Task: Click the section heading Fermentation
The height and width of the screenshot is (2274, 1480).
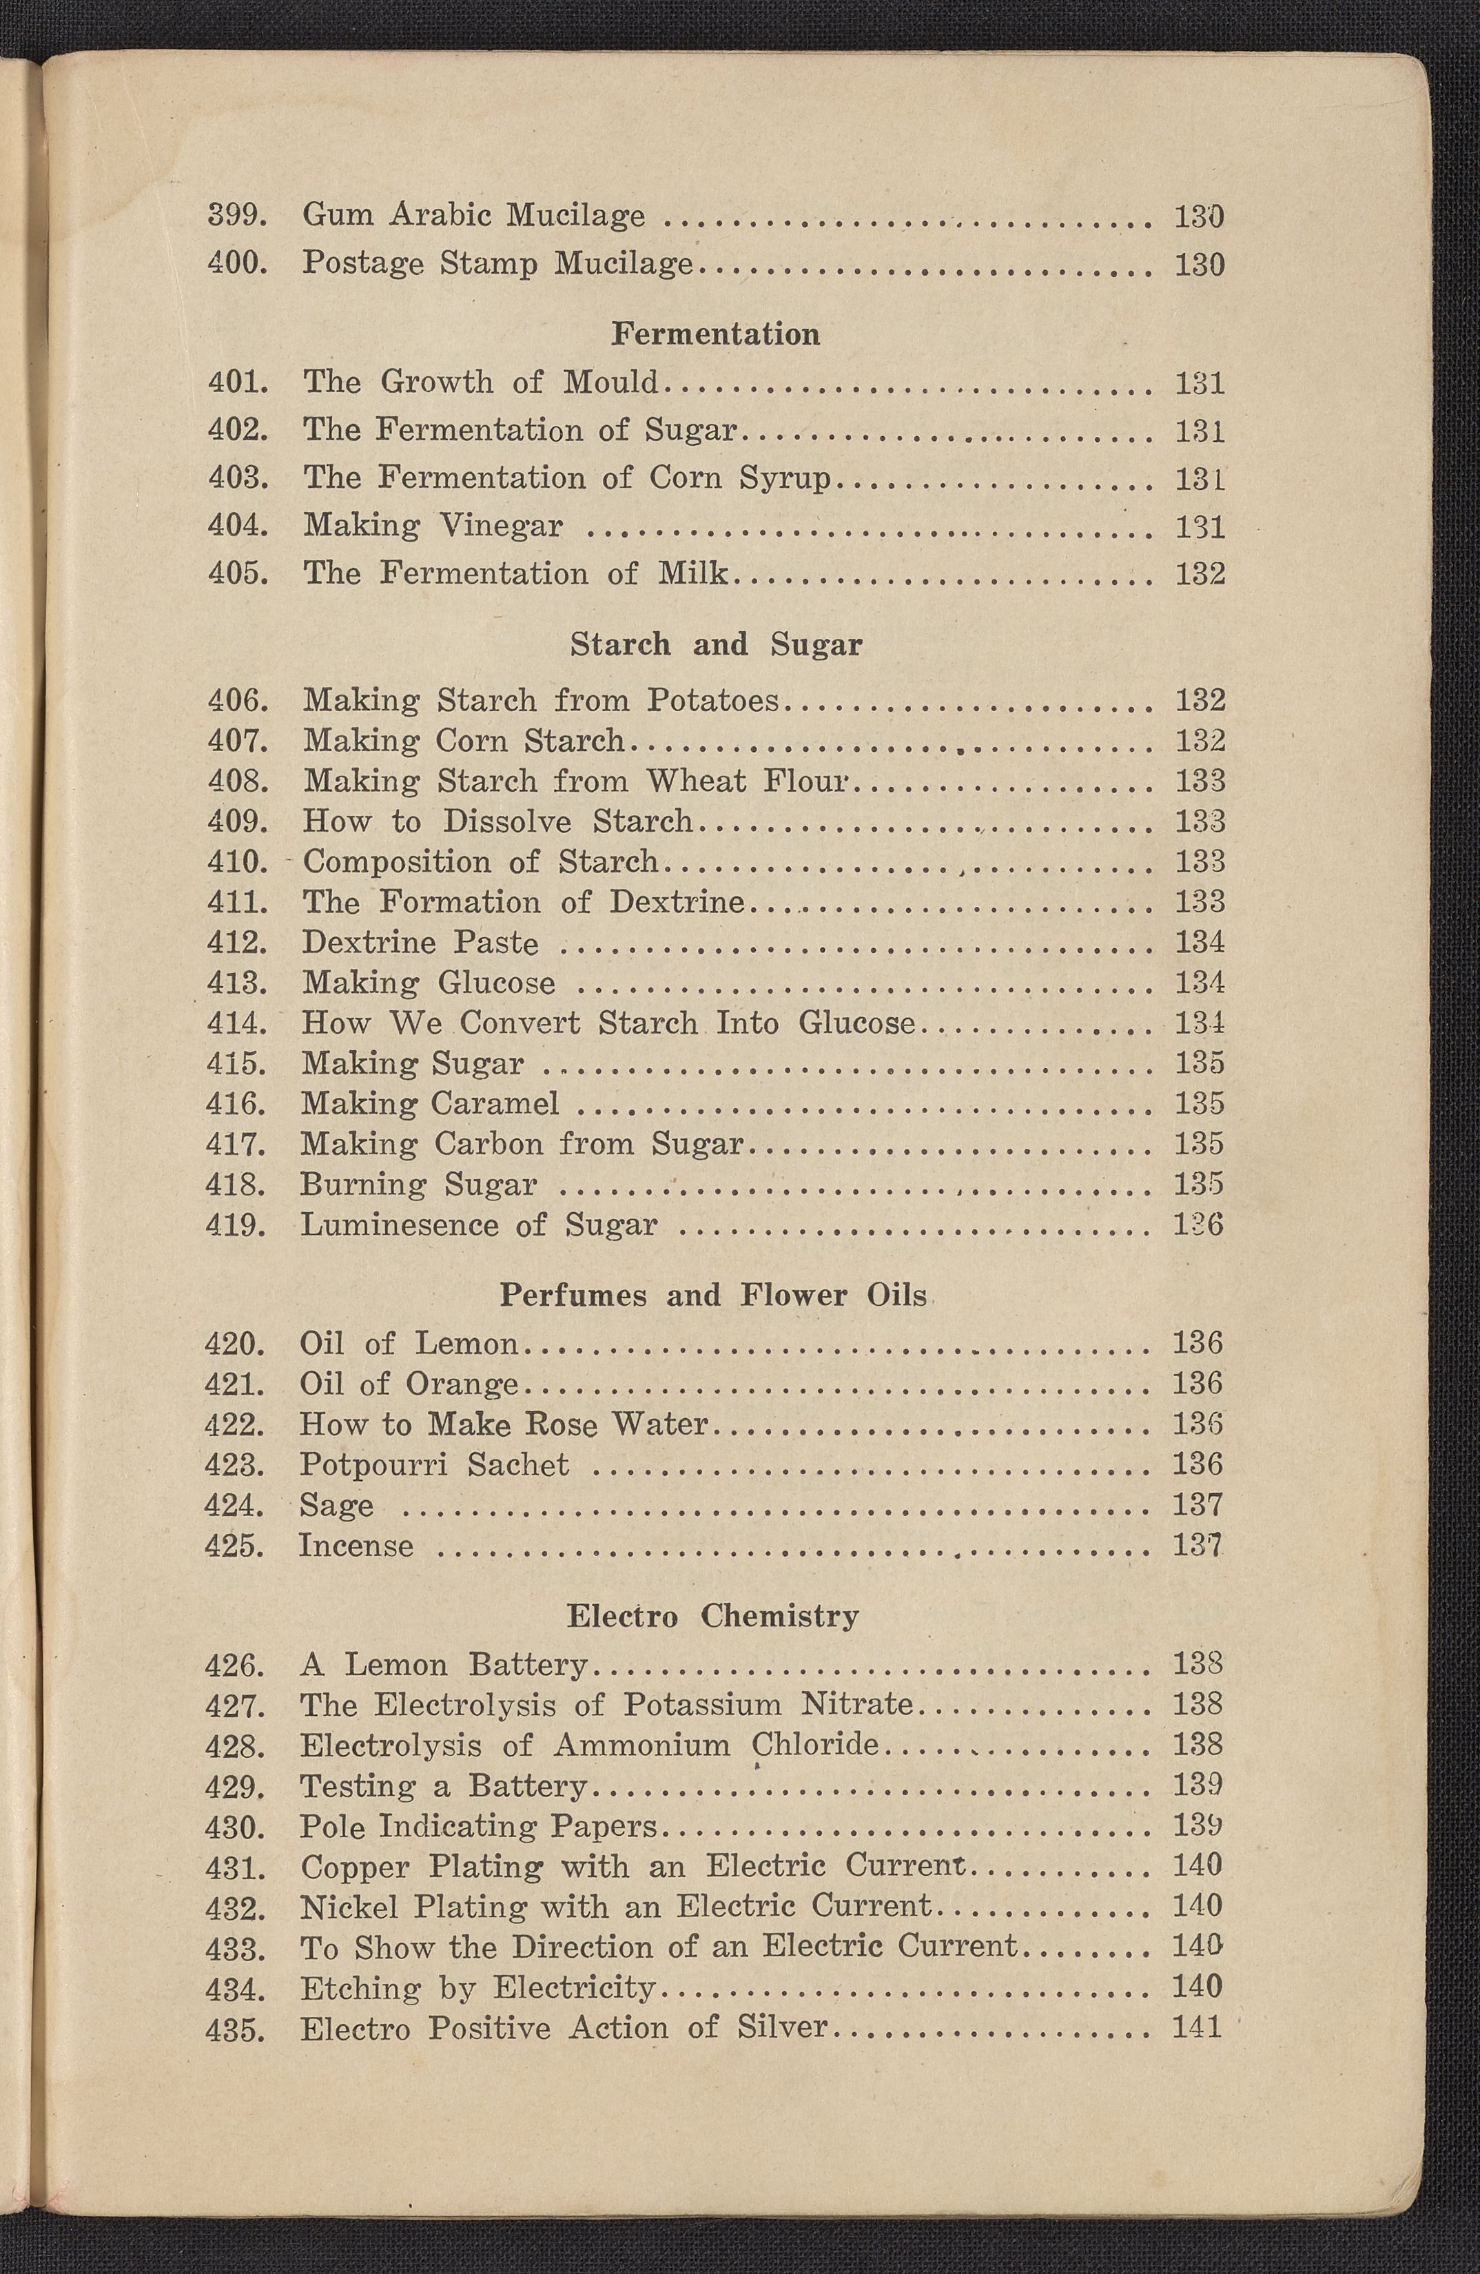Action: click(x=715, y=334)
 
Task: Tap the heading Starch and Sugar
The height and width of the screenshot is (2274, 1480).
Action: click(x=716, y=645)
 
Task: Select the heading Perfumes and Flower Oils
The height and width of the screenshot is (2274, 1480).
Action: click(x=712, y=1295)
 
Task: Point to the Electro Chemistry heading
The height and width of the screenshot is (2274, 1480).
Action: click(x=712, y=1616)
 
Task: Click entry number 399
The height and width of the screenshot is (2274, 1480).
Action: click(x=237, y=216)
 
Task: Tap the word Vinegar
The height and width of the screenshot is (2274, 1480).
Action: click(x=501, y=526)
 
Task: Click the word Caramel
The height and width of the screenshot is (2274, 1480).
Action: click(x=495, y=1103)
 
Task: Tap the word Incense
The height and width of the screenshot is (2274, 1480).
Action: click(x=356, y=1546)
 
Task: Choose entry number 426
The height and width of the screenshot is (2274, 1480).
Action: click(x=234, y=1666)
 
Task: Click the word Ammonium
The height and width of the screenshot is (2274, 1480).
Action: click(x=642, y=1745)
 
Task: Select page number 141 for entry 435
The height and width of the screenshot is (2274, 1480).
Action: click(x=1198, y=2027)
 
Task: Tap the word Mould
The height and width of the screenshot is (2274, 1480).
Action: click(x=610, y=382)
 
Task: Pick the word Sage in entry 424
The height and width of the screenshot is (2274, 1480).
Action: click(x=336, y=1506)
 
